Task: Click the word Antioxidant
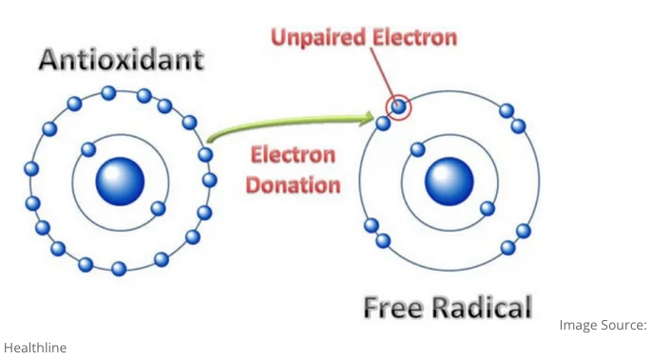tap(121, 60)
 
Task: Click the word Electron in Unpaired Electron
tap(413, 39)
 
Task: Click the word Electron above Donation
tap(294, 155)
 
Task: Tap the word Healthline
tap(35, 348)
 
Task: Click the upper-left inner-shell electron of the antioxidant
tap(88, 149)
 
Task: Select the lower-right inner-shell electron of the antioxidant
tap(159, 208)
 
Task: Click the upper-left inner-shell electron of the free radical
tap(415, 149)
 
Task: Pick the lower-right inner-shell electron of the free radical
tap(487, 208)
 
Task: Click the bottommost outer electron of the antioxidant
tap(119, 269)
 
